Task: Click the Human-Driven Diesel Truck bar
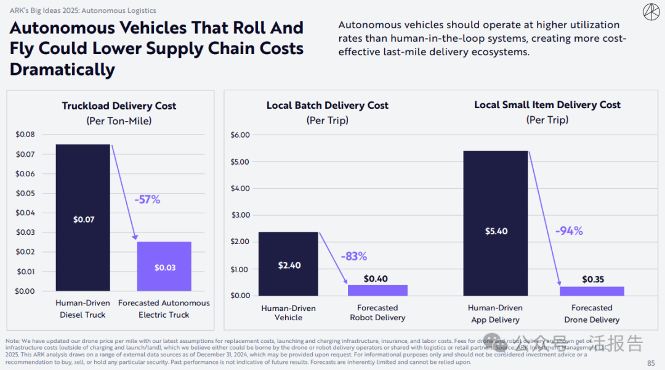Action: coord(83,218)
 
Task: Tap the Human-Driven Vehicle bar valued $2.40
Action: coord(288,264)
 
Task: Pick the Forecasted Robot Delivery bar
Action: coord(377,290)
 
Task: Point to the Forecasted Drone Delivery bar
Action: coord(592,291)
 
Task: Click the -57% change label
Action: coord(147,199)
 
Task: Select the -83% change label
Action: coord(353,256)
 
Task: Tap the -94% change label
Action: coord(569,231)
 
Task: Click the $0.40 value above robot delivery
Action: coord(376,279)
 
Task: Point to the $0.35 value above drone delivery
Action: coord(593,279)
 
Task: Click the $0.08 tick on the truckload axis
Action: coord(25,135)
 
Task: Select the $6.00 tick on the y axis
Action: coord(240,135)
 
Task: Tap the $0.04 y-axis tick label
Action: coord(25,213)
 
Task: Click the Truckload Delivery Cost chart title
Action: coord(119,106)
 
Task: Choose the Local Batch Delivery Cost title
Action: coord(328,105)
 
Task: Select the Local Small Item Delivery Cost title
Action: coord(547,104)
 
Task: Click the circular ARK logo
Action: coord(651,12)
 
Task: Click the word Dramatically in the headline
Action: coord(62,69)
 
